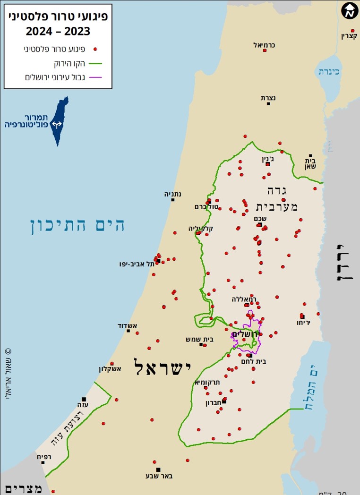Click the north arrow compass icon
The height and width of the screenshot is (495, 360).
[x=349, y=10]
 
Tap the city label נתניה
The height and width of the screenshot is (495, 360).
[x=173, y=194]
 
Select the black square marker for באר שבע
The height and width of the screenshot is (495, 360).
[x=158, y=469]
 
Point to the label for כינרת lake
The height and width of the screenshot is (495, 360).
[x=329, y=71]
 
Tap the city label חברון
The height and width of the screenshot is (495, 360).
[x=214, y=403]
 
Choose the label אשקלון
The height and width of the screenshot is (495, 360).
[x=110, y=369]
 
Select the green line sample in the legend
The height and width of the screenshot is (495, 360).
[x=95, y=63]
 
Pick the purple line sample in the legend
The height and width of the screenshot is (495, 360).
[x=95, y=77]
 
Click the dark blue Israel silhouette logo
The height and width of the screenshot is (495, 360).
[x=60, y=121]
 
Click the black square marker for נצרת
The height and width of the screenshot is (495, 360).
[x=268, y=103]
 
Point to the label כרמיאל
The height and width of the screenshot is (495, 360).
[x=264, y=45]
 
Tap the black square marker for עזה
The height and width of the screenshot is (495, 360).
[x=84, y=399]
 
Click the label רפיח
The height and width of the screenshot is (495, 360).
[x=43, y=456]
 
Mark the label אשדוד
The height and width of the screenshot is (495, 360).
[x=127, y=325]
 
